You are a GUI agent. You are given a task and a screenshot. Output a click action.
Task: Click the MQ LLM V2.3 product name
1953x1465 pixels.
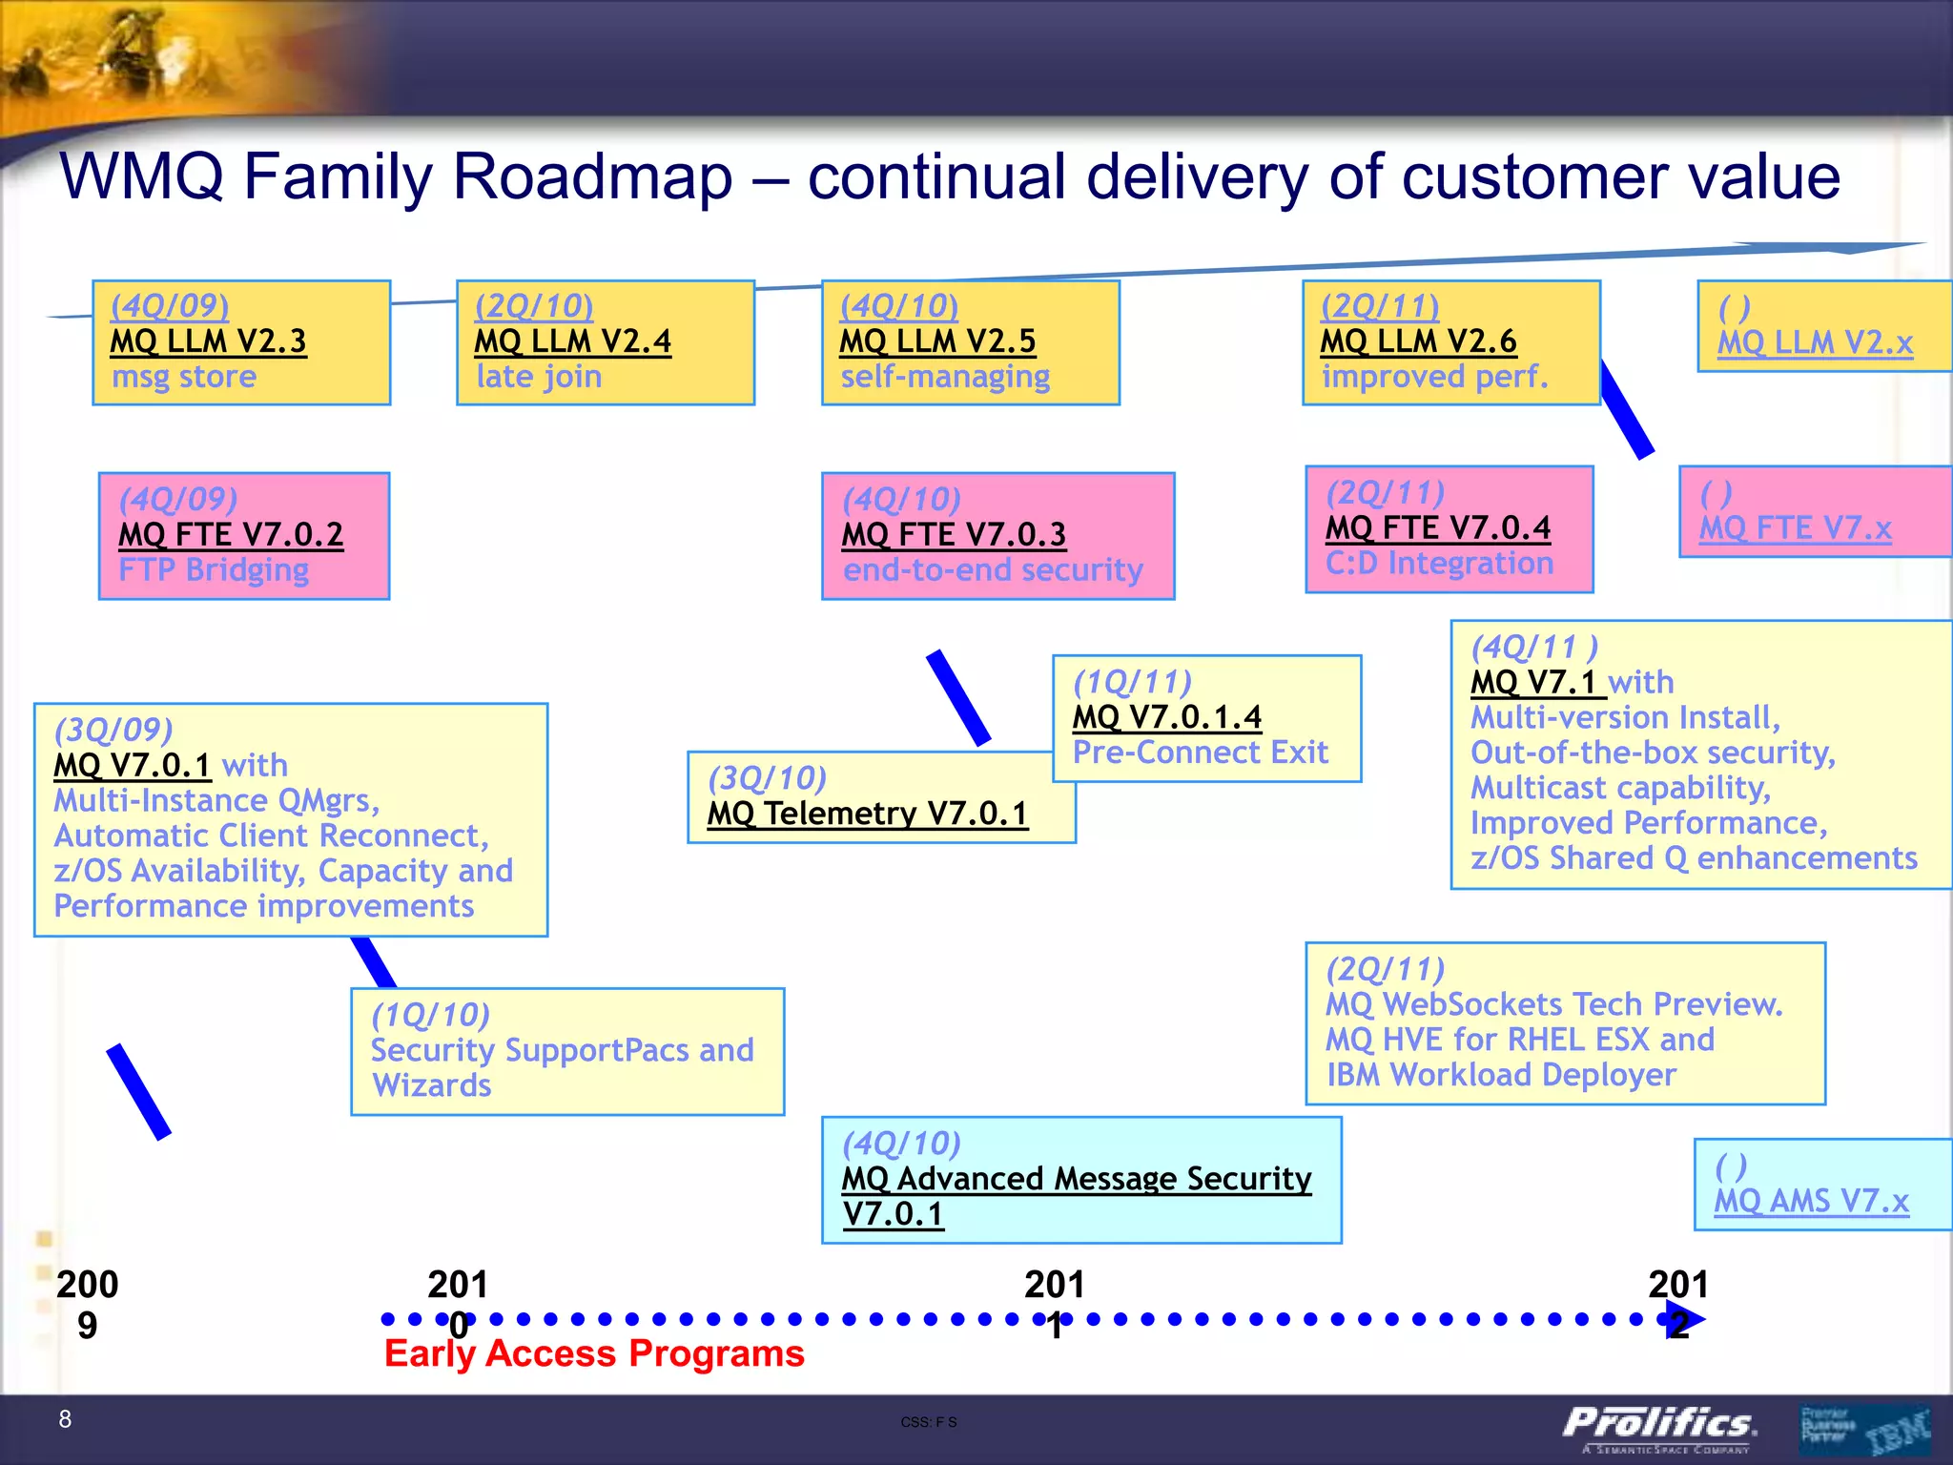208,341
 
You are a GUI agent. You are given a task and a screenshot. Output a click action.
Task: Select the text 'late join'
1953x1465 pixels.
539,377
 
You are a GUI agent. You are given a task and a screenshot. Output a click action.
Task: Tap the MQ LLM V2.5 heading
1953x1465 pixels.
936,341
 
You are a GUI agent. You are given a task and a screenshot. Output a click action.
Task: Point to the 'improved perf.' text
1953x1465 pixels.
1434,377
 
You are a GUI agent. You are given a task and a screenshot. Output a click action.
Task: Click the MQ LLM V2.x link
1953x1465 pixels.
1815,342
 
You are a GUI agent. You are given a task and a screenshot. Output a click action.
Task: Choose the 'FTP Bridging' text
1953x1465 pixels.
214,570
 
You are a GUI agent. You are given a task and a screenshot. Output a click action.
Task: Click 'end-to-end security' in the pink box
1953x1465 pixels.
993,570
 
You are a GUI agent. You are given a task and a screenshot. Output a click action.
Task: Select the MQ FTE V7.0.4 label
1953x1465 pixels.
1438,527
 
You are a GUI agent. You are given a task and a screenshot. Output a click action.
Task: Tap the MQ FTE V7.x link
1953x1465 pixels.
1795,528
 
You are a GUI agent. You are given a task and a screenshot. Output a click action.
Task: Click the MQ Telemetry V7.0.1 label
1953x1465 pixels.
867,814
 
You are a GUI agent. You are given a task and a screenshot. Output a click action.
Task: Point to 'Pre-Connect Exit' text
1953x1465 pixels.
1200,753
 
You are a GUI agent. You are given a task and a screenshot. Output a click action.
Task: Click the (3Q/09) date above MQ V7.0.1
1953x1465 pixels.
113,730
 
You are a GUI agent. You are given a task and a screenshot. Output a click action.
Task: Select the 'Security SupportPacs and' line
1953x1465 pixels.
562,1050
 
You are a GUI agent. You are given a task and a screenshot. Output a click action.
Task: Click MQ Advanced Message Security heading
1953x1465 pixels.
1076,1179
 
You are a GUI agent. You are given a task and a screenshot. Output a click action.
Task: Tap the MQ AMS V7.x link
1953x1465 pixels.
1811,1201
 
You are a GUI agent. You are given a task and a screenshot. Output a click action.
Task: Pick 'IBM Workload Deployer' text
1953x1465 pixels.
1500,1075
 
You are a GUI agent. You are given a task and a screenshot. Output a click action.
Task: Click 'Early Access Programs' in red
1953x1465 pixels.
594,1353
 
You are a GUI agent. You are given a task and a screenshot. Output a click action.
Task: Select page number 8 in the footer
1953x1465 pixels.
65,1419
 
